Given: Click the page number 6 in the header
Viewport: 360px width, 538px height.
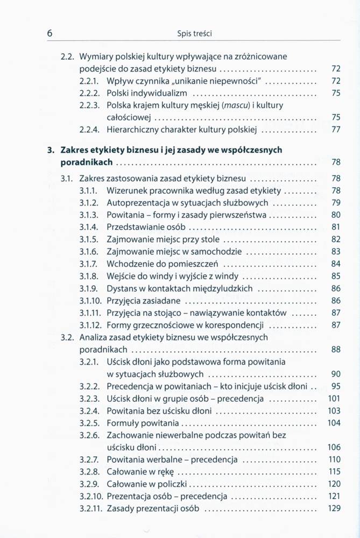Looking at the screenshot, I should pos(50,33).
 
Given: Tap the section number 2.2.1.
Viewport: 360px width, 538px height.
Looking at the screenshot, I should pos(89,80).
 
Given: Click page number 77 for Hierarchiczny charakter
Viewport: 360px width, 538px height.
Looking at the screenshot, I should pos(336,130).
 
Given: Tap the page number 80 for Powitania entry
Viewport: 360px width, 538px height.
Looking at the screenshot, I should pos(336,215).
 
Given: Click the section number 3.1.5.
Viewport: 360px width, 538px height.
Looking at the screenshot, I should pos(89,239).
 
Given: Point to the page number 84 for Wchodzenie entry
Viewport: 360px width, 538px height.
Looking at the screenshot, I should pos(336,264).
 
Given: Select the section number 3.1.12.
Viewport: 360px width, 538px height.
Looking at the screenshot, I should pos(91,325).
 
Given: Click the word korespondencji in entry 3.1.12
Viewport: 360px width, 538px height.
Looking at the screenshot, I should pos(237,325).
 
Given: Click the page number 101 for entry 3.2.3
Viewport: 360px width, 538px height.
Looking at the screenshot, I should pos(334,399).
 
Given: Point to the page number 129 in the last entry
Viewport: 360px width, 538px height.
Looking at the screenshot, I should pos(334,508).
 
